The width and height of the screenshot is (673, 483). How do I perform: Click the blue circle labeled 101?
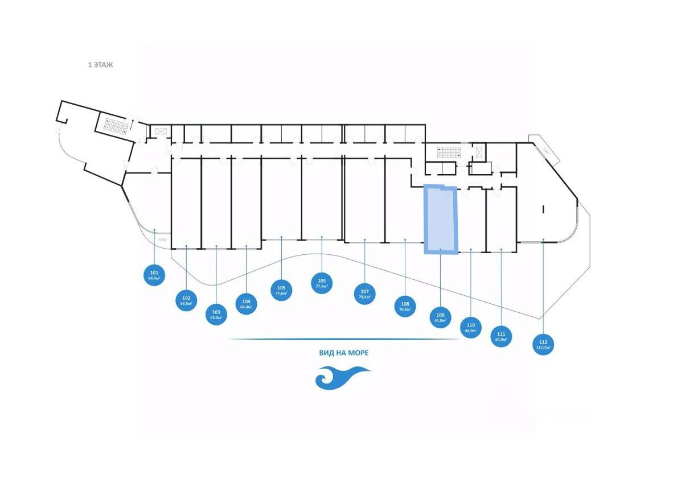[x=154, y=275]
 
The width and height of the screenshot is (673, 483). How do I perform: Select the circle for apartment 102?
[x=186, y=300]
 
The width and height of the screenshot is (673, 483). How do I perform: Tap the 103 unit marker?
[x=216, y=315]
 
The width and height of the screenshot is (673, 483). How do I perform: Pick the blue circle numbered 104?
[x=246, y=303]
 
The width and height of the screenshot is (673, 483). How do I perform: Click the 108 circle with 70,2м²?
[x=405, y=307]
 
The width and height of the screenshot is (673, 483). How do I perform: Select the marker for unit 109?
[x=440, y=317]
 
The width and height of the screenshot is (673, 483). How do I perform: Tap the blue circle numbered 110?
[x=470, y=328]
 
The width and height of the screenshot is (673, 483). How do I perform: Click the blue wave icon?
[x=343, y=377]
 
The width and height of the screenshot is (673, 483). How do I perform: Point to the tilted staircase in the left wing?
[x=112, y=125]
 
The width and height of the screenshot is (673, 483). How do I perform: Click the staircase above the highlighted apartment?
[x=448, y=152]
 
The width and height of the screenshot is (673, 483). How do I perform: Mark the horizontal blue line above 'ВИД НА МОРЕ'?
[x=343, y=339]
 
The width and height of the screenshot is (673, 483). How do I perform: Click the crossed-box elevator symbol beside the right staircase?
[x=479, y=151]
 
